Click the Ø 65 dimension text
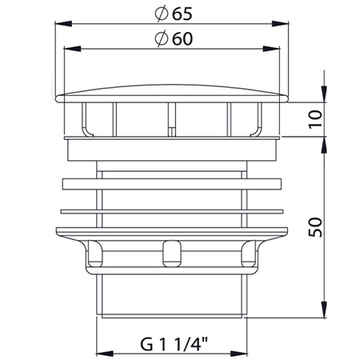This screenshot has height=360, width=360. [174, 14]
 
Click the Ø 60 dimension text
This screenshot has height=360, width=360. [174, 38]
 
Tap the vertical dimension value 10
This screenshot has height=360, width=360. [315, 119]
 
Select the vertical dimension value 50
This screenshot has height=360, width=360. [315, 227]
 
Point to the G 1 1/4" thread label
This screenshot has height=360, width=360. [174, 344]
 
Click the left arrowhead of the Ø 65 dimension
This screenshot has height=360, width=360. [63, 23]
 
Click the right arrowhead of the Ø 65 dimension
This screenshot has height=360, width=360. [280, 23]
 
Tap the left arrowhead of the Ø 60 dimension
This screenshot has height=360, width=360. [73, 49]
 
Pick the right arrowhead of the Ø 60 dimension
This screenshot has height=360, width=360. [271, 49]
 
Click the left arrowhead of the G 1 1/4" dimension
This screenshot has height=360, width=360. [105, 354]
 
